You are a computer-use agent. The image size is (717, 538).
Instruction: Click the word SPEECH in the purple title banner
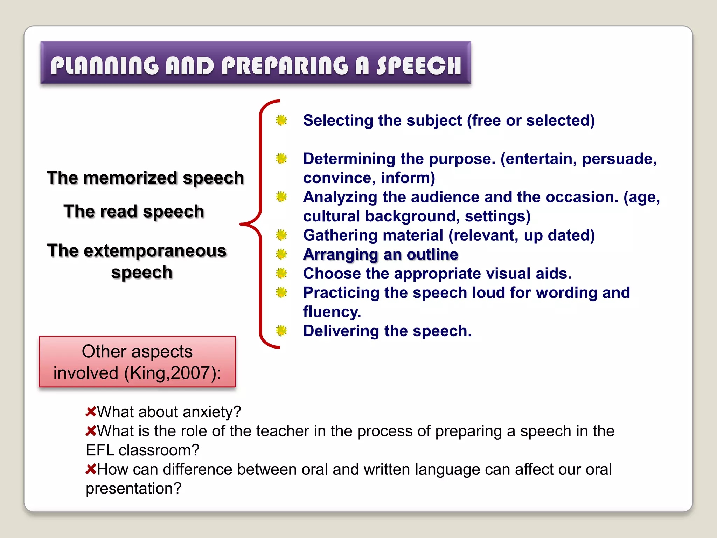coord(419,65)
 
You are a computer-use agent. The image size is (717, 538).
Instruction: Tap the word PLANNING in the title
coord(104,65)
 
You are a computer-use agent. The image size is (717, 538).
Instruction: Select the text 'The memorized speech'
coord(145,178)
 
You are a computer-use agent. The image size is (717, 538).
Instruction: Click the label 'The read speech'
coord(134,211)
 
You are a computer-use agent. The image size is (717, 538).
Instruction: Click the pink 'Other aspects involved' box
coord(137,361)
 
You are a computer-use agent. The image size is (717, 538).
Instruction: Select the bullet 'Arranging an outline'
coord(381,254)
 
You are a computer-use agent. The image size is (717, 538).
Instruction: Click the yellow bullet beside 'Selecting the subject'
coord(281,120)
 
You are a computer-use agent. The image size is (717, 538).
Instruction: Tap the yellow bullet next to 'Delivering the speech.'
coord(281,330)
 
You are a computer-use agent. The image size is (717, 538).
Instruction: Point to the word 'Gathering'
coord(338,235)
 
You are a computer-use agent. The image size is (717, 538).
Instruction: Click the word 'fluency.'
coord(332,312)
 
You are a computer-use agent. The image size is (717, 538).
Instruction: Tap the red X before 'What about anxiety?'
coord(91,412)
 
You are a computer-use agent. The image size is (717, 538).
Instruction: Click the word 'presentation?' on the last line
coord(134,488)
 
